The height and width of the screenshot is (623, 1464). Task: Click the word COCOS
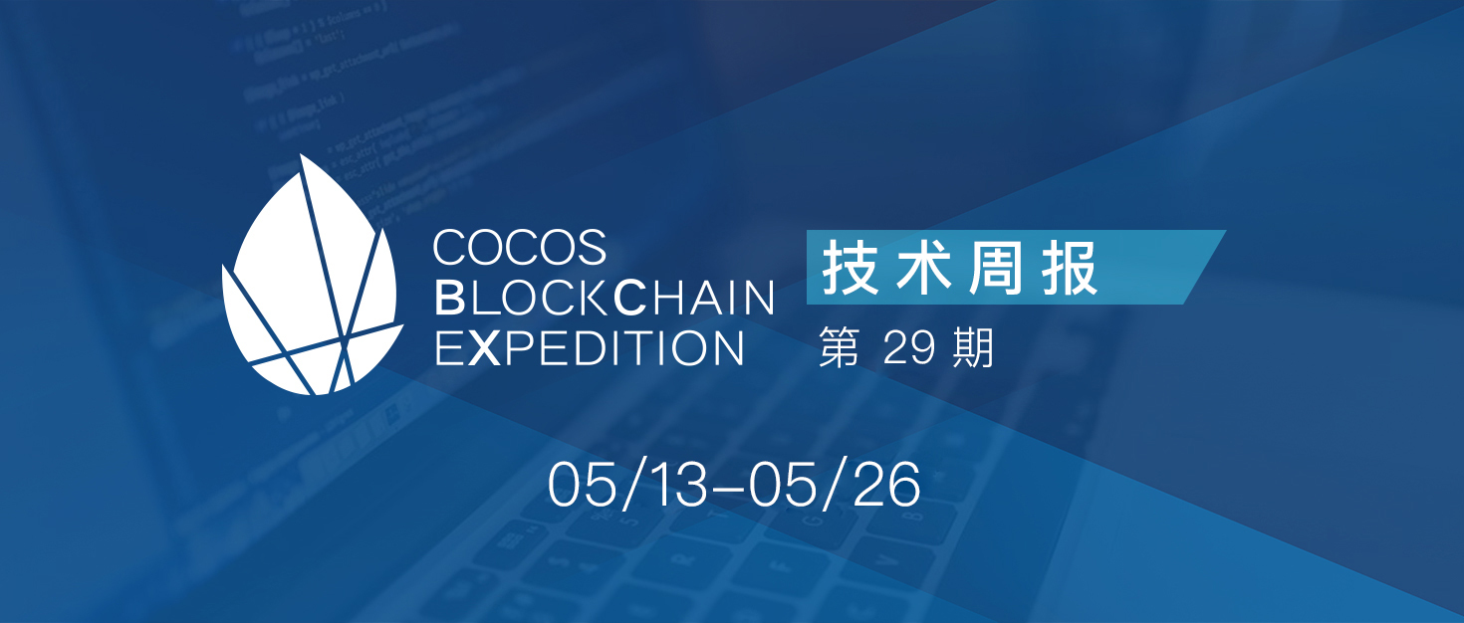(x=520, y=247)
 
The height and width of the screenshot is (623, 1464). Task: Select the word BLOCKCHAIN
(x=605, y=298)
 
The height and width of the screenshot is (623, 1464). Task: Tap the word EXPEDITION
(x=590, y=348)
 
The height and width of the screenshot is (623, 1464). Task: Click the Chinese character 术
(x=923, y=267)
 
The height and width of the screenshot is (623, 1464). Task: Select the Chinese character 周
(x=996, y=267)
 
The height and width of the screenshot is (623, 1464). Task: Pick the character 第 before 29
(x=840, y=347)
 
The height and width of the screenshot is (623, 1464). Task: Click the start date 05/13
(x=627, y=485)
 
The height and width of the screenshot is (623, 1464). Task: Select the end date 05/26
(x=836, y=485)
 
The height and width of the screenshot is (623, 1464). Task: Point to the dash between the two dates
(x=729, y=488)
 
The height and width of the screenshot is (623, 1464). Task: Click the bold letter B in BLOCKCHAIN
(x=449, y=298)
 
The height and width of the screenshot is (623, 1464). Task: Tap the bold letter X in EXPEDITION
(x=484, y=348)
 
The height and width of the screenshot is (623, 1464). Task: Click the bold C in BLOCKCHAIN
(x=631, y=298)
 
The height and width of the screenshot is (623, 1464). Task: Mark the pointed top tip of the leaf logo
(x=302, y=155)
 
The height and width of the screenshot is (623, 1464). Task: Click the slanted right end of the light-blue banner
(x=1205, y=267)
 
